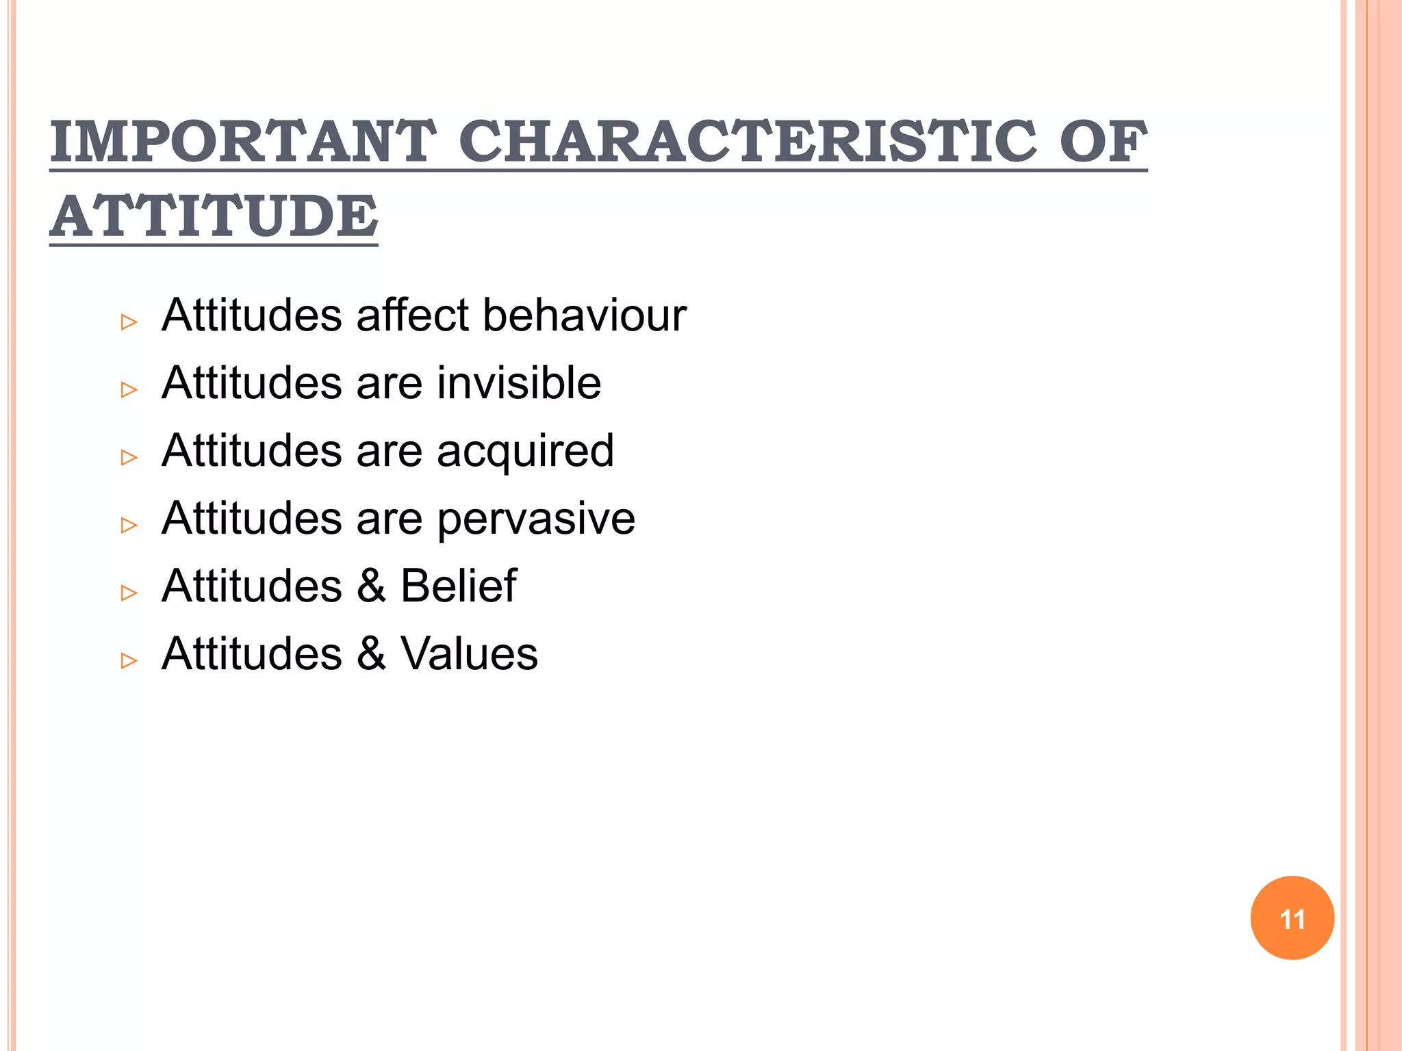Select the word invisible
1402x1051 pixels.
tap(519, 382)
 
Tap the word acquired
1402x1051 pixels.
tap(525, 452)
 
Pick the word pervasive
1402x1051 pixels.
tap(536, 519)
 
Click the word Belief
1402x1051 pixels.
tap(458, 586)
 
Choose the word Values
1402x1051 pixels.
tap(469, 653)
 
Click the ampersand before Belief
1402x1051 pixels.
tap(371, 586)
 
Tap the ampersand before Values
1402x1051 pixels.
tap(371, 653)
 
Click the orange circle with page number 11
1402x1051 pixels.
tap(1292, 918)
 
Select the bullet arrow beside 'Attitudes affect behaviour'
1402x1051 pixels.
tap(129, 322)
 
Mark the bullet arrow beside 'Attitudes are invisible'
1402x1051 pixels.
tap(129, 389)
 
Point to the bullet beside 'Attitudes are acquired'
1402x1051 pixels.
tap(129, 457)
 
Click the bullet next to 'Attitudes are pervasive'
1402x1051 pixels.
tap(129, 525)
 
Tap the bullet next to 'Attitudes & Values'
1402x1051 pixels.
tap(129, 660)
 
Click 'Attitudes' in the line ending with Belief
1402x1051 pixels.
tap(252, 586)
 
